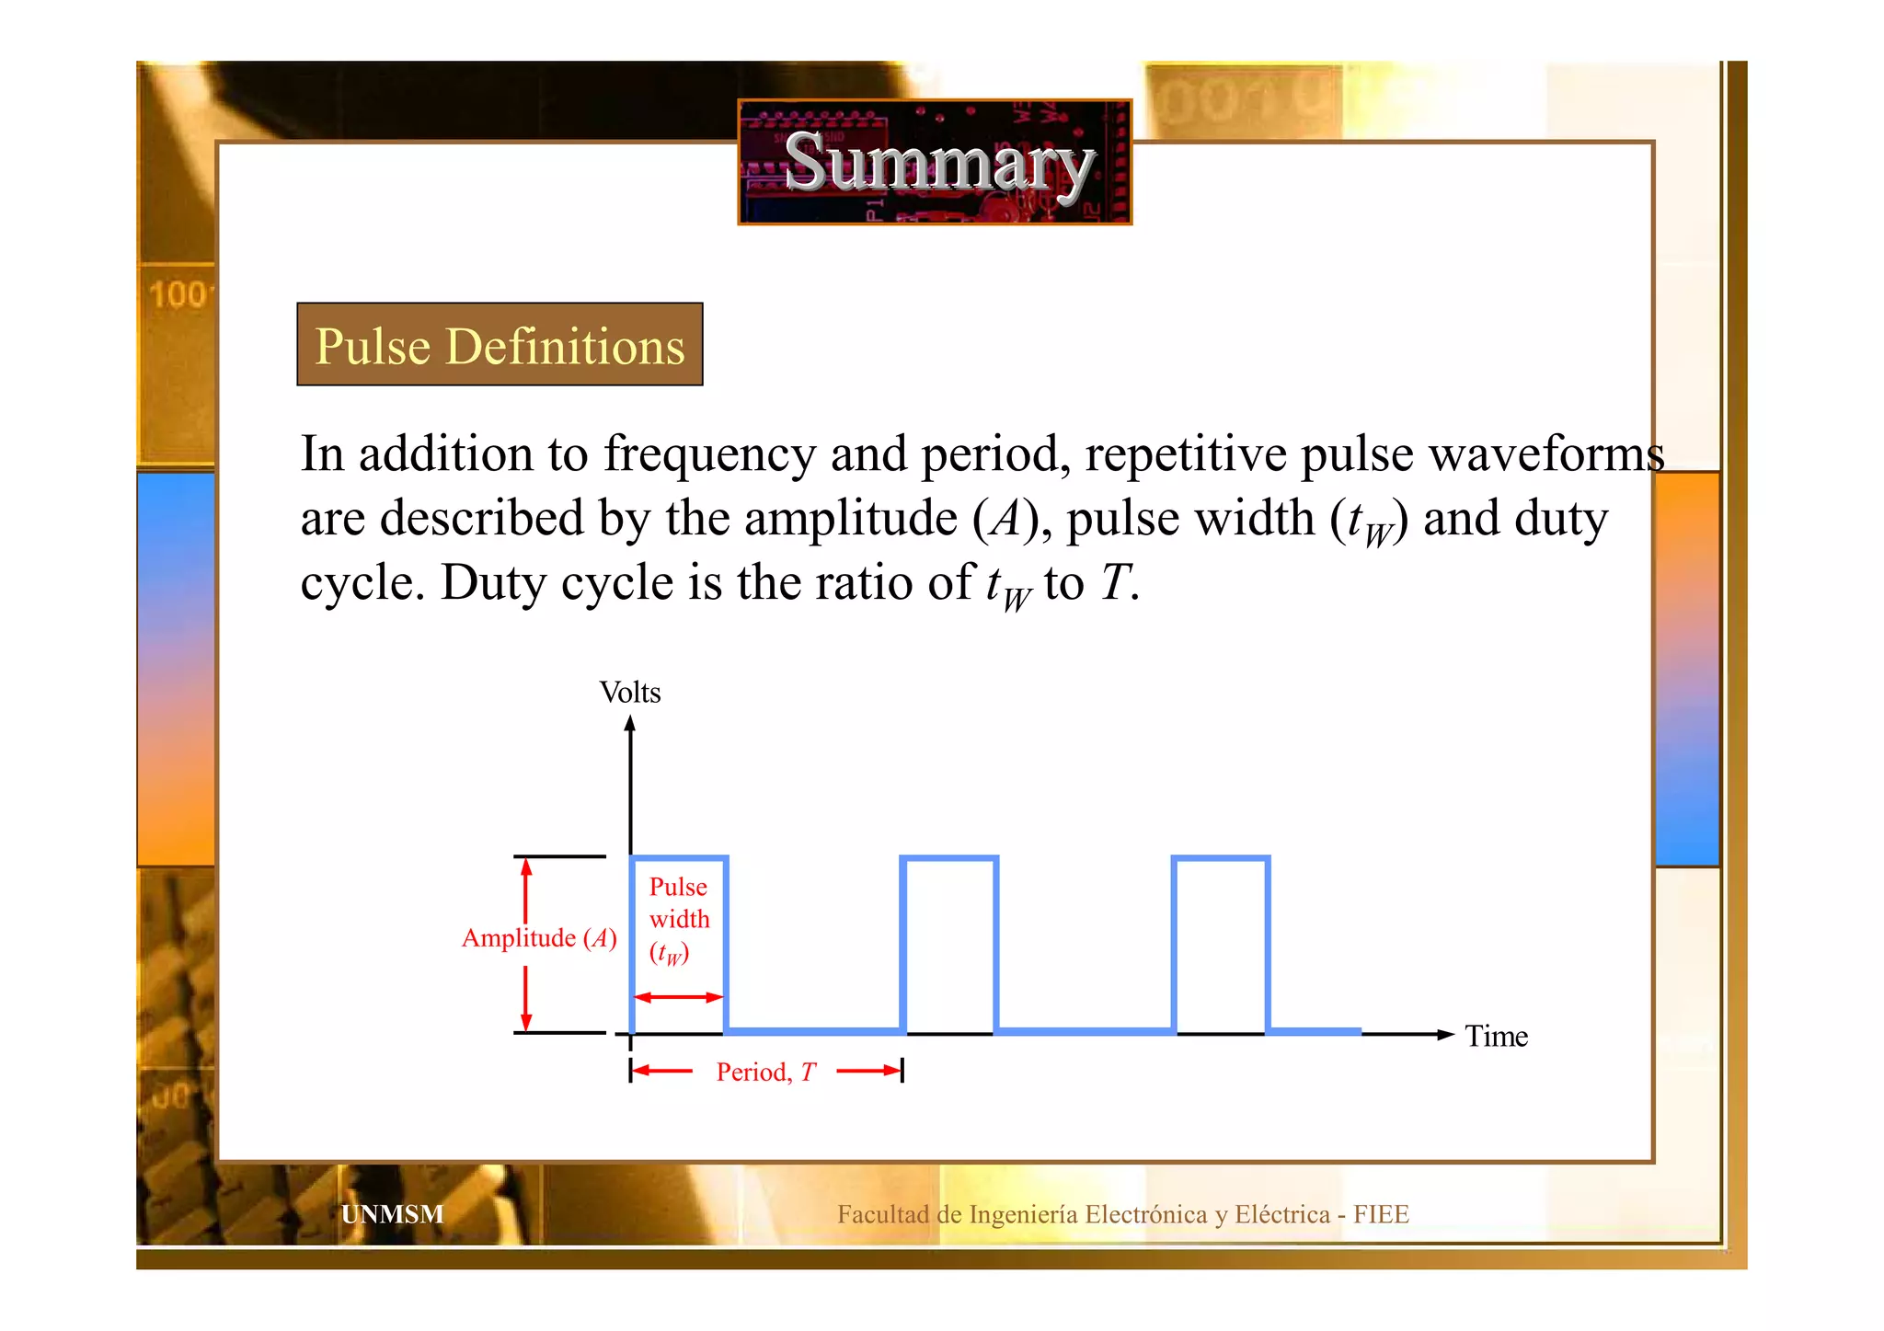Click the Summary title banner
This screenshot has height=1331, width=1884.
(935, 162)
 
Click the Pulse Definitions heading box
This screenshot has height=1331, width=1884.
(500, 345)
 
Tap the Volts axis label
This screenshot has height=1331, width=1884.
(629, 693)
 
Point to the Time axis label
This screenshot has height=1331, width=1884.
(1496, 1037)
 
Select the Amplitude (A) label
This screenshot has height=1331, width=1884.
(539, 938)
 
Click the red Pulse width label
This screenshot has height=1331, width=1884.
(679, 919)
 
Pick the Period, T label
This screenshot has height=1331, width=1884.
(765, 1073)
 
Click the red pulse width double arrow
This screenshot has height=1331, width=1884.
(679, 997)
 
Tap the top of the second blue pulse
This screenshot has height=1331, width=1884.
(949, 859)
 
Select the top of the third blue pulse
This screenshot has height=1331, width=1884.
(1221, 859)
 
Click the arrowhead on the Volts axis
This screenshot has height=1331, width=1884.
(630, 724)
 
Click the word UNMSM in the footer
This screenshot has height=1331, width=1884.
(392, 1214)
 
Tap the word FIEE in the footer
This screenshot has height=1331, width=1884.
(1381, 1214)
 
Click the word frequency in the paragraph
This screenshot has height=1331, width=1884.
(709, 455)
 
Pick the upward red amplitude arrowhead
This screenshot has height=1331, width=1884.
(526, 867)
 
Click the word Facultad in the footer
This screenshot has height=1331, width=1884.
(883, 1214)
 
